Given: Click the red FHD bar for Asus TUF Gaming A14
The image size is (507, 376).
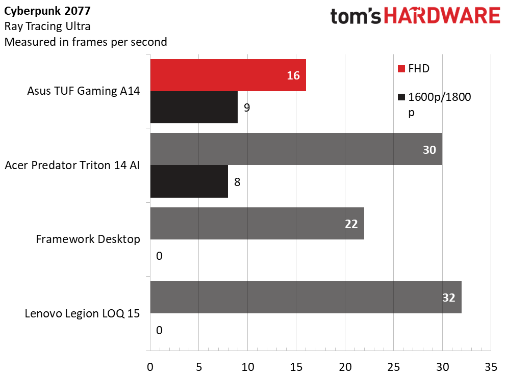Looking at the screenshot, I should [227, 75].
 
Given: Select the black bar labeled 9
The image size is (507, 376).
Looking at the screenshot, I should [194, 108].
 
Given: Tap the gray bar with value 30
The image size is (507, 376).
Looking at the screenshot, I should [296, 149].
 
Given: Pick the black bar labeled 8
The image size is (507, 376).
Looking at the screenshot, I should [189, 182].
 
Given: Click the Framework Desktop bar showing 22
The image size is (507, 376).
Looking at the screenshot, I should [257, 223].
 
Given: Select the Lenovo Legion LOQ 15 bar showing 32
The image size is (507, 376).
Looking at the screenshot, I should [306, 298].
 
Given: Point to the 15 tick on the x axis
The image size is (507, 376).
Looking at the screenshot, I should [296, 366].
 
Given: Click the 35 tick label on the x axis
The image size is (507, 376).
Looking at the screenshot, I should [491, 366].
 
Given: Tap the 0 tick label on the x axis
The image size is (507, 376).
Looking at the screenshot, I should [150, 366].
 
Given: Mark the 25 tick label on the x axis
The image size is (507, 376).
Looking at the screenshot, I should [393, 366].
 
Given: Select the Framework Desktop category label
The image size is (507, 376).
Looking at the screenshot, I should [88, 239].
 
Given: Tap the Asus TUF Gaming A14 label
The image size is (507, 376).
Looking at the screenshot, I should [83, 92].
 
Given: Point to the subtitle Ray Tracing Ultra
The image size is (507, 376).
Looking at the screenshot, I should [47, 26].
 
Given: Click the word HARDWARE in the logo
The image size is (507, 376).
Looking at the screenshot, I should [442, 16].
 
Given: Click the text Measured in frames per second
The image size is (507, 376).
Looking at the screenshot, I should [85, 42].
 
